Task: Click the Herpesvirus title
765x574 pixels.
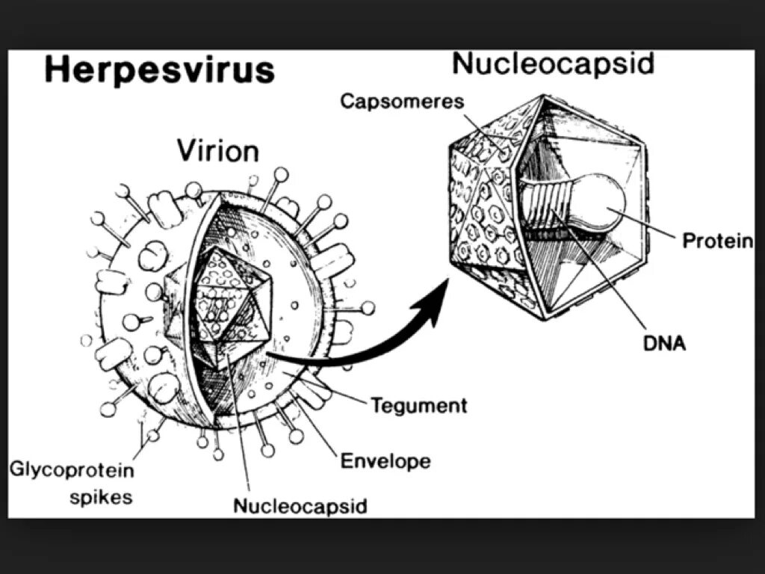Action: (159, 70)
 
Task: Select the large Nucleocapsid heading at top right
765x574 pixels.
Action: (553, 64)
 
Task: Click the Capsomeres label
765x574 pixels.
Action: (402, 101)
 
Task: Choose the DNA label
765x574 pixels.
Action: (664, 345)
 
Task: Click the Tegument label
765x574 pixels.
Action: (419, 405)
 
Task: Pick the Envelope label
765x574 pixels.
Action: (385, 460)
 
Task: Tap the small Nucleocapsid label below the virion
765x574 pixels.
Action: (300, 506)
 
